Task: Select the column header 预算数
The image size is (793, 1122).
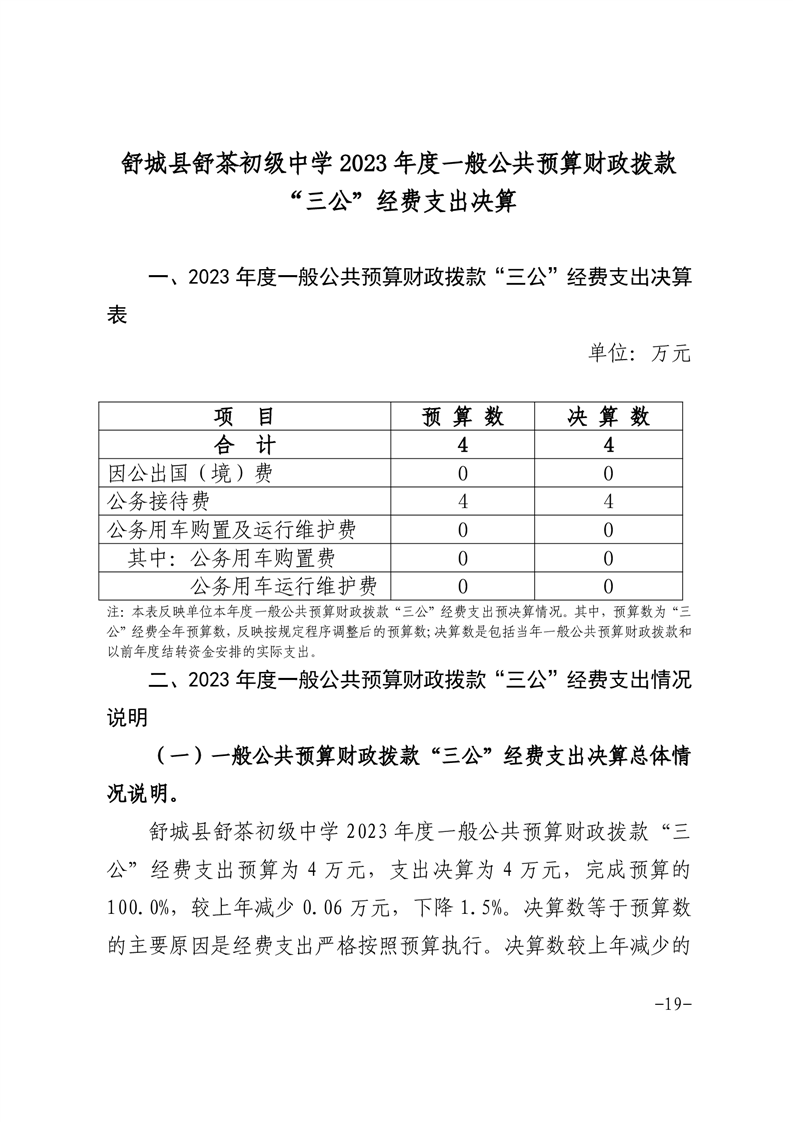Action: (463, 416)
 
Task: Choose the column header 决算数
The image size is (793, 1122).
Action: (608, 416)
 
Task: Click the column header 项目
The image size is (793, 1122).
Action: (244, 416)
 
